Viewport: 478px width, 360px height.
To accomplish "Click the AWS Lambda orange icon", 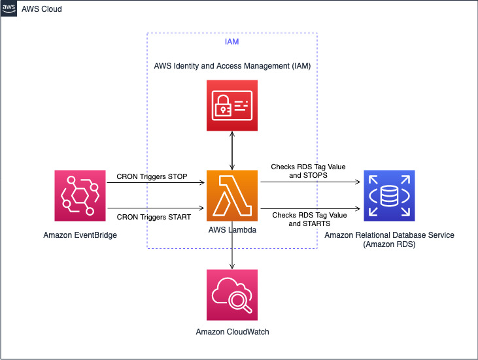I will [x=232, y=196].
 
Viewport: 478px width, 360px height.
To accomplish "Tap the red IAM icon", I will [x=232, y=105].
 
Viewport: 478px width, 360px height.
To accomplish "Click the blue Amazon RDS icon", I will [x=389, y=196].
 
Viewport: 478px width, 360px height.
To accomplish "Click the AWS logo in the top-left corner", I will [x=9, y=8].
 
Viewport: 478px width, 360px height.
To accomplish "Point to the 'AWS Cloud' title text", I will [x=42, y=9].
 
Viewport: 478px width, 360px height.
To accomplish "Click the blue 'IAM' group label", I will [x=231, y=43].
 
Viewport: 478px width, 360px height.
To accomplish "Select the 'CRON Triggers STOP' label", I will [x=152, y=176].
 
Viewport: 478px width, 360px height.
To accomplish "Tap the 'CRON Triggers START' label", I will [x=153, y=217].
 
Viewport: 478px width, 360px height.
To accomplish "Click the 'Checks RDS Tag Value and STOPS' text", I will [x=308, y=171].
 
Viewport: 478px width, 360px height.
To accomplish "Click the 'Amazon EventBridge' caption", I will [x=80, y=235].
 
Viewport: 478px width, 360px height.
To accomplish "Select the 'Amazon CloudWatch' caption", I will [x=232, y=332].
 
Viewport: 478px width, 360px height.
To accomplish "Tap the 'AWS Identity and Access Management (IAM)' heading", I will [x=231, y=66].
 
